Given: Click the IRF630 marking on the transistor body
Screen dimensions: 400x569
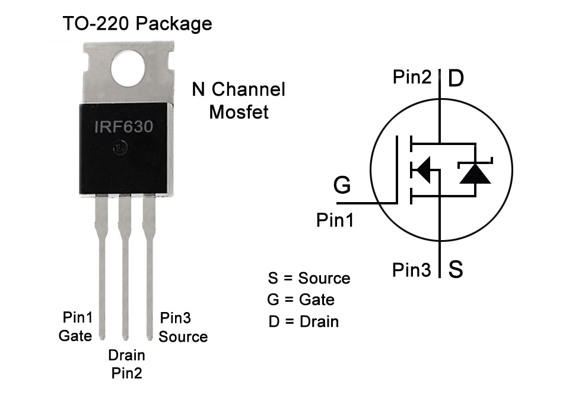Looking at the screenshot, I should click(x=124, y=127).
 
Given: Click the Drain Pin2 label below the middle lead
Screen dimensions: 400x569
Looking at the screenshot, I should click(x=126, y=364).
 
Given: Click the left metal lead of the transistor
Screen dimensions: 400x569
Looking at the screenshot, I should click(x=101, y=267).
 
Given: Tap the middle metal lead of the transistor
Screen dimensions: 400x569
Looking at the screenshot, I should click(x=125, y=267).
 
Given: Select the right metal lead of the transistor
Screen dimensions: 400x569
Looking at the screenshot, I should click(x=149, y=267).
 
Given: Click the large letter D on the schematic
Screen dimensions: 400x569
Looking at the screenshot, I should click(x=456, y=78).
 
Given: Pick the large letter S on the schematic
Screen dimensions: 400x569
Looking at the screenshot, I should click(x=455, y=270).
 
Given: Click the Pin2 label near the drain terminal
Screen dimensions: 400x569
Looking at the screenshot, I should click(x=414, y=77).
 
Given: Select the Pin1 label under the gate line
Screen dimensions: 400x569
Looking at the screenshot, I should click(x=335, y=221).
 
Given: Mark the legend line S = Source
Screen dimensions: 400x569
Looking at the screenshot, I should click(x=309, y=278).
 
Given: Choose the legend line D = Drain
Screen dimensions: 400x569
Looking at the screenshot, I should click(x=303, y=322).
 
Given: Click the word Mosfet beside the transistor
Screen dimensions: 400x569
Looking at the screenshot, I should click(x=239, y=112).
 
